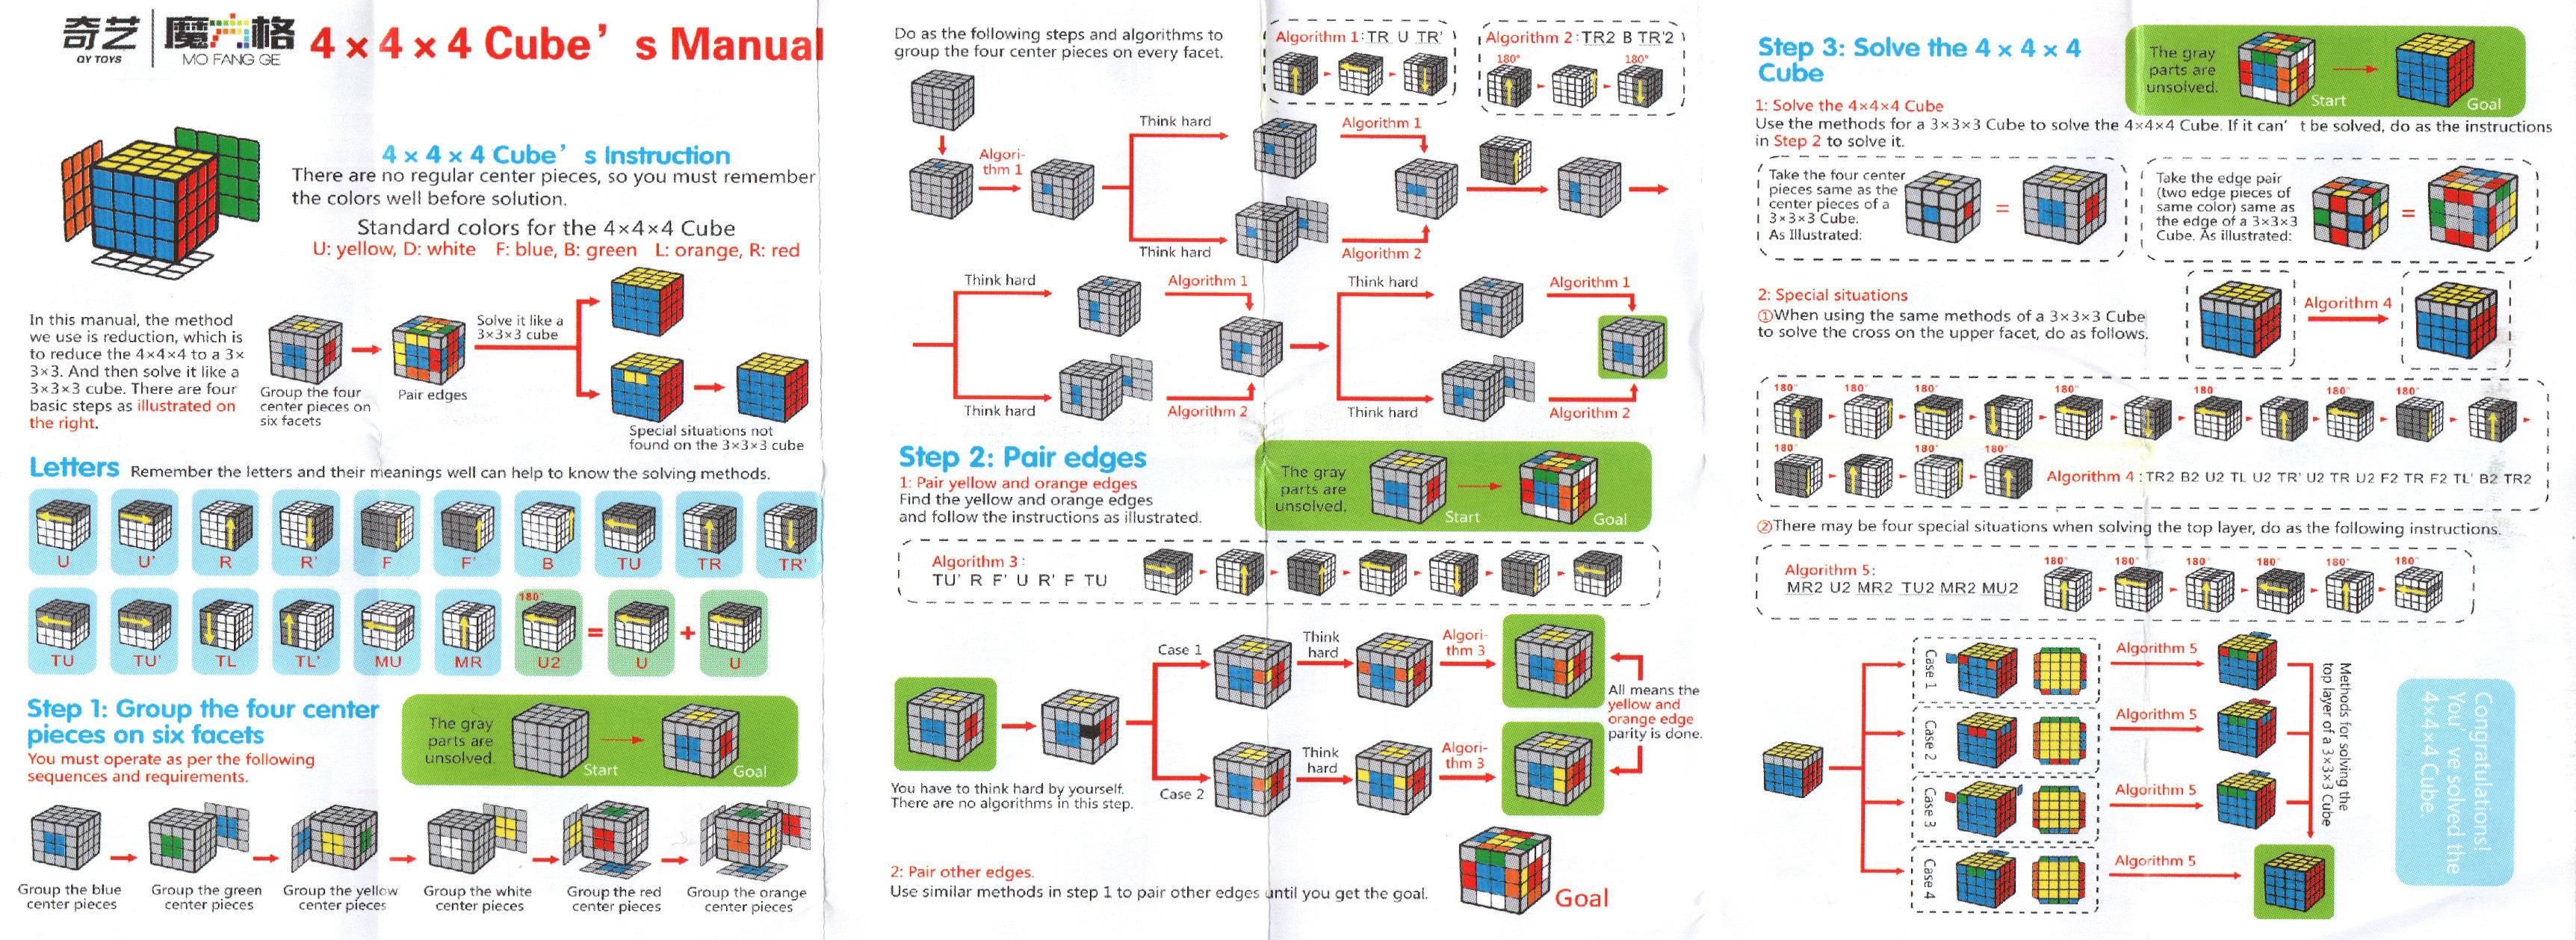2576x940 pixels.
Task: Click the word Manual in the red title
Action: (746, 45)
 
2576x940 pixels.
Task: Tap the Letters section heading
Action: (74, 468)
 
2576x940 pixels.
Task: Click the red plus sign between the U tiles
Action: (688, 633)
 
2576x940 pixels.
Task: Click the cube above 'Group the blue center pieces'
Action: (66, 838)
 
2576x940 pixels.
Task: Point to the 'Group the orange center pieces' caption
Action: (746, 898)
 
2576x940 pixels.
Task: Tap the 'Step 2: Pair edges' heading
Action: (1022, 457)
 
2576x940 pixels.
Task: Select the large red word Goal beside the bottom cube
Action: (1581, 898)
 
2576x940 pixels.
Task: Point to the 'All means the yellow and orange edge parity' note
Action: (1653, 711)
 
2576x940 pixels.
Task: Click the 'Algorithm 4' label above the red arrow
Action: (2347, 303)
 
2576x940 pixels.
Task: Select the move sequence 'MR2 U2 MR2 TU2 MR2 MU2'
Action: (1901, 588)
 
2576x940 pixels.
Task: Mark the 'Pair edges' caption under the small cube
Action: (432, 395)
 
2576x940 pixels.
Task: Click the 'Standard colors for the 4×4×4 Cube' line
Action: (546, 228)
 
